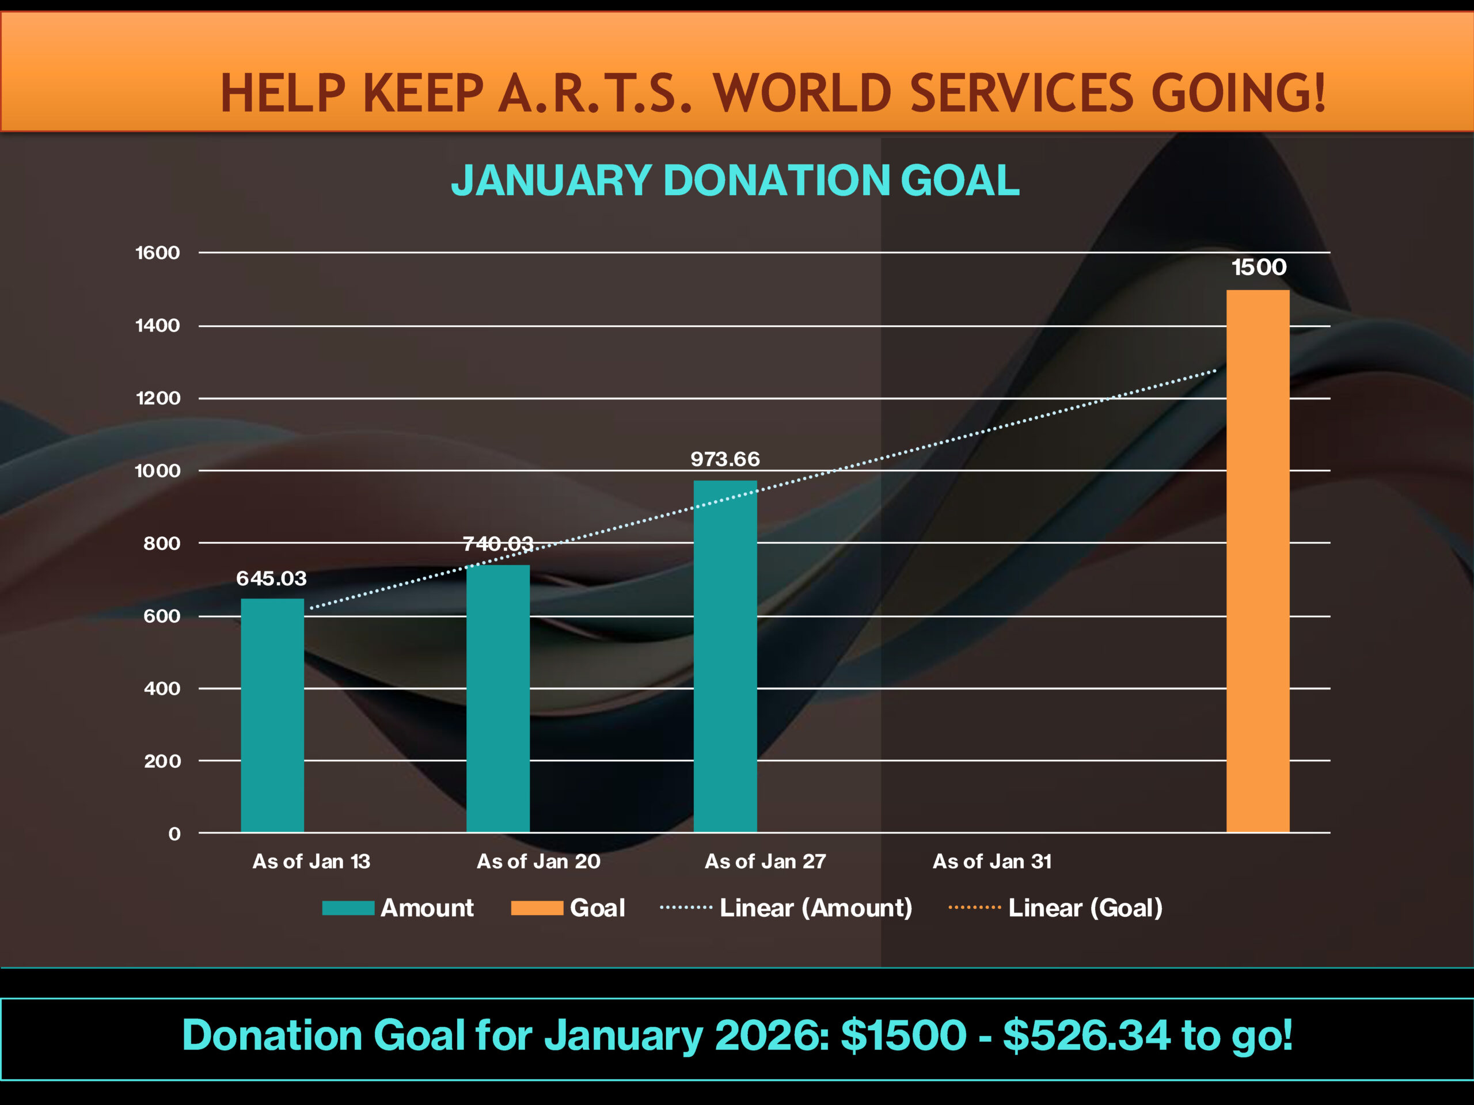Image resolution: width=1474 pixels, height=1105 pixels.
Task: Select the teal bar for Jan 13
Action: (x=272, y=715)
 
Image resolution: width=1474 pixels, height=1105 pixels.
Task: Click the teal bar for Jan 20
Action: (x=498, y=699)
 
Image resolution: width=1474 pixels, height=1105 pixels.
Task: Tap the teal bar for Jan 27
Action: (x=725, y=656)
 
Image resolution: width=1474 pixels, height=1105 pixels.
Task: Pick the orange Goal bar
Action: (x=1258, y=561)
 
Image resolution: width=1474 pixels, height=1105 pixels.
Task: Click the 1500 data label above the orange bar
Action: (x=1258, y=267)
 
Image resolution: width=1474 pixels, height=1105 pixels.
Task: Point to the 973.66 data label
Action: (x=725, y=459)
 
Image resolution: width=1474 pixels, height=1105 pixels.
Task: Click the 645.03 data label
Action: (x=271, y=578)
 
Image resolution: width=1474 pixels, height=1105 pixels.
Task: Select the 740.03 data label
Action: (x=498, y=543)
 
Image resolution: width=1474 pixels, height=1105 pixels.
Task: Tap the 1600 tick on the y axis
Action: (x=157, y=253)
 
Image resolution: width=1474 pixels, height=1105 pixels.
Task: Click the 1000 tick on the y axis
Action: (x=157, y=471)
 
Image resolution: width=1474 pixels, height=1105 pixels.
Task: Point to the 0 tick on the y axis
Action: (x=174, y=834)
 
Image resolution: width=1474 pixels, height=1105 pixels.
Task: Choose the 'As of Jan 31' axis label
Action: (x=991, y=861)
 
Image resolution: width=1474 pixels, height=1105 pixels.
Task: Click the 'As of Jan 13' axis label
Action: (x=311, y=861)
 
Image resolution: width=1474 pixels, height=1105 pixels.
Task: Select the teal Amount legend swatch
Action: (x=348, y=908)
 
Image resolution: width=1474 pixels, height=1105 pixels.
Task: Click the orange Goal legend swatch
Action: (x=537, y=908)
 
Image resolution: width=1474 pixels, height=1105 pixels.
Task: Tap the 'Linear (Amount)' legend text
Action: (x=816, y=908)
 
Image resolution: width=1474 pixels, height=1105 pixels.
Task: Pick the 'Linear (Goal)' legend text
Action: (x=1085, y=908)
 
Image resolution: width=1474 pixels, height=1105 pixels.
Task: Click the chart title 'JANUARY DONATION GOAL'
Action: (x=735, y=181)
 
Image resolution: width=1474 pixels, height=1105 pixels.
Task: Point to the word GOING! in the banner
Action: (x=1238, y=93)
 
